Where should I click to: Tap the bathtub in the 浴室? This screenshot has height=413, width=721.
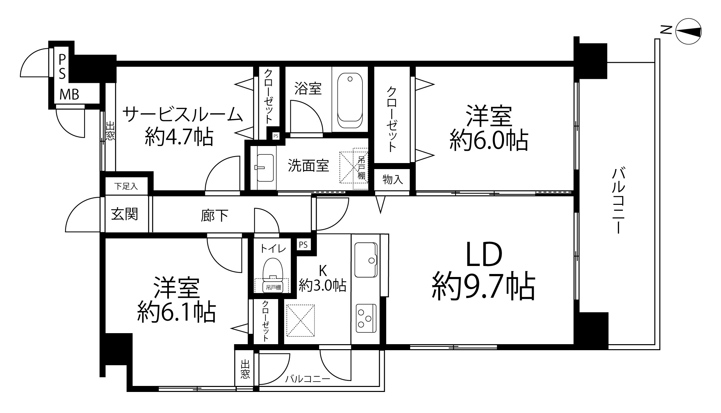point(350,101)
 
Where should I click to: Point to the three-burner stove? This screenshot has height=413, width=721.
point(366,318)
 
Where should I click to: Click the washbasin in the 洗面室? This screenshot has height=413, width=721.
point(265,167)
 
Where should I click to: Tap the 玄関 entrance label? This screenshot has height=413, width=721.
point(125,214)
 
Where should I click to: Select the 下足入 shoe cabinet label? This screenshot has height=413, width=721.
point(126,186)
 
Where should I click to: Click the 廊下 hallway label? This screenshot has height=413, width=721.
point(215,216)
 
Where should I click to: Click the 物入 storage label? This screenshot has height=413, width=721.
point(393,179)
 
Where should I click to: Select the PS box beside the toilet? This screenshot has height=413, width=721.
point(303,245)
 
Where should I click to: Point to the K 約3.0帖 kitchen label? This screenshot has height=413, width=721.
point(322,279)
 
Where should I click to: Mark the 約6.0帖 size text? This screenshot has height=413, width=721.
point(489,141)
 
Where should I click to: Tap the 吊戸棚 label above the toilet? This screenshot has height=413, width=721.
point(273,287)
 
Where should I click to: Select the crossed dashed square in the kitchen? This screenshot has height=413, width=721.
point(300,320)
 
